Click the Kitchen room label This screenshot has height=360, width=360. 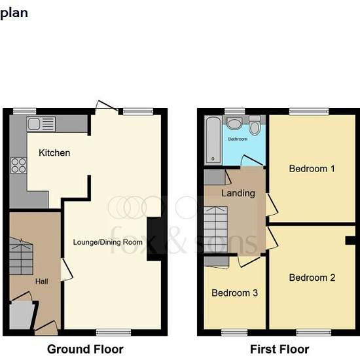(x=54, y=153)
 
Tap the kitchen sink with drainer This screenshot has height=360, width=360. (x=41, y=124)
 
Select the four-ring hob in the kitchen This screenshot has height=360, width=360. (x=18, y=166)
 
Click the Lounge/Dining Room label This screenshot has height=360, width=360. (x=108, y=242)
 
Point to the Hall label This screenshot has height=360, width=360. (x=41, y=281)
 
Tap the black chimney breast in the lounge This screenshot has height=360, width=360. (x=154, y=239)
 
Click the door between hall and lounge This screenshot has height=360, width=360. (x=66, y=270)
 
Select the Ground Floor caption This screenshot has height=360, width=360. (x=85, y=350)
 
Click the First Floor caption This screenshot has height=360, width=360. (x=279, y=350)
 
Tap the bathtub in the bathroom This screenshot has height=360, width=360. (x=213, y=140)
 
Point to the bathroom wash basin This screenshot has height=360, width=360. (x=234, y=124)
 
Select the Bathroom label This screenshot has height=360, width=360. (x=238, y=139)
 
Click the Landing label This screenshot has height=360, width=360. (x=238, y=193)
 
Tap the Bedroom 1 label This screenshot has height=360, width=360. (x=312, y=168)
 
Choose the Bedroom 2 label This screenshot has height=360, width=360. (x=312, y=278)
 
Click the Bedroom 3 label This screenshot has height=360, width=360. (x=234, y=293)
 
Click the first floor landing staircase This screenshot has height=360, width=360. (x=216, y=230)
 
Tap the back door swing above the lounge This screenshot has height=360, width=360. (x=107, y=107)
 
